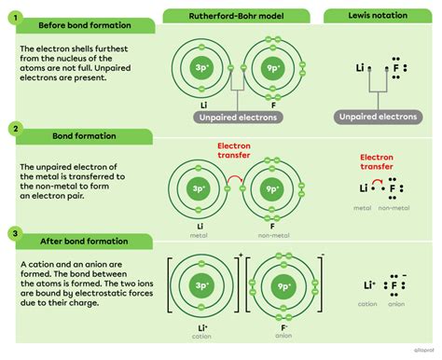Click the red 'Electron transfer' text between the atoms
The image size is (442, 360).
pos(234,150)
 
